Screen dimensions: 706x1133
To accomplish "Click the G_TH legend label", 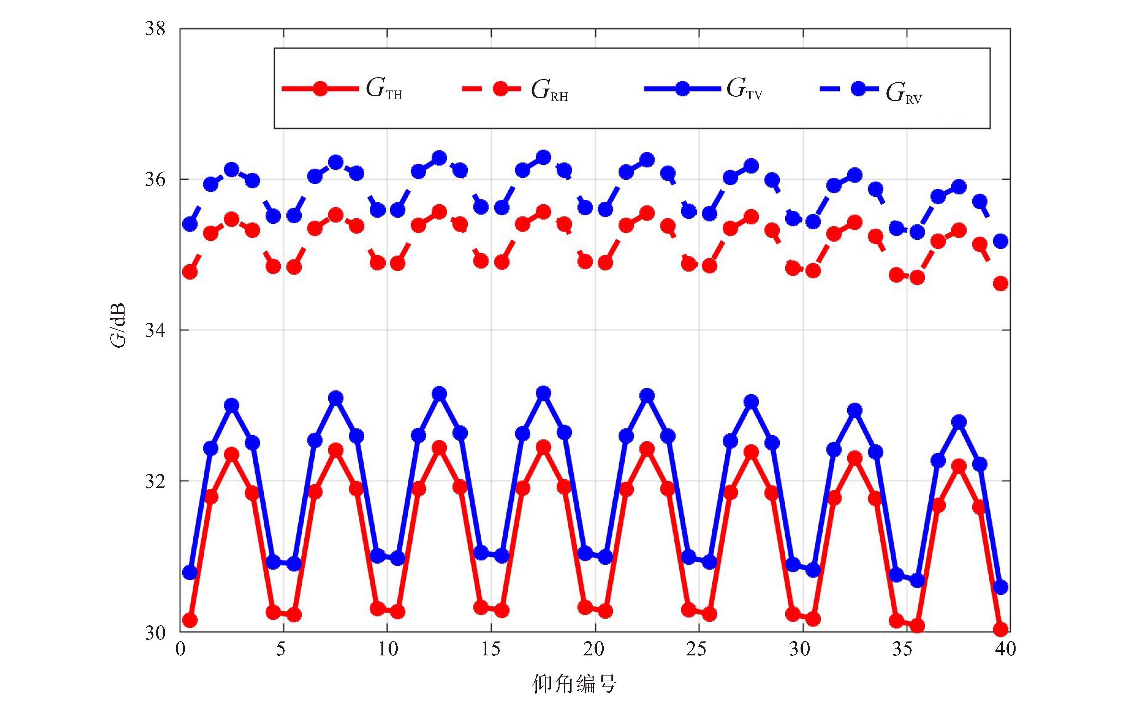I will click(x=383, y=89).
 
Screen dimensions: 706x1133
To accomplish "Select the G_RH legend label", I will click(x=549, y=90).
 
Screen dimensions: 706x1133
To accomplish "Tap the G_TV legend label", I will click(x=744, y=89).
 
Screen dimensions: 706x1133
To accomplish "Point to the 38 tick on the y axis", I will click(x=155, y=29).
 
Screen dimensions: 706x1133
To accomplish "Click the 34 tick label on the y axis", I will click(x=155, y=330).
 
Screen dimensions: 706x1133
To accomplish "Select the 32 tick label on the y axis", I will click(x=155, y=481).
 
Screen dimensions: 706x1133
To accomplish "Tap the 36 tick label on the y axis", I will click(x=155, y=180).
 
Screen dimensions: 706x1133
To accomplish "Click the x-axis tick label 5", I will click(x=280, y=649).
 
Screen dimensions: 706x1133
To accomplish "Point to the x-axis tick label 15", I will click(x=490, y=649).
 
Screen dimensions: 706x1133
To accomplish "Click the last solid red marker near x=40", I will click(x=1000, y=629).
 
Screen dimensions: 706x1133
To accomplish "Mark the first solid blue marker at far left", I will click(x=190, y=572).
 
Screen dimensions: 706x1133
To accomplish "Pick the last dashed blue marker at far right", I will click(x=1000, y=241).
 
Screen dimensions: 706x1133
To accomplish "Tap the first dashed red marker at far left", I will click(x=190, y=272).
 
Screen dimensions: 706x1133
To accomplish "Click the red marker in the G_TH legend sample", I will click(x=320, y=88).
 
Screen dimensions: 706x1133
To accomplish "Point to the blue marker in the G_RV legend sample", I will click(x=858, y=88).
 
